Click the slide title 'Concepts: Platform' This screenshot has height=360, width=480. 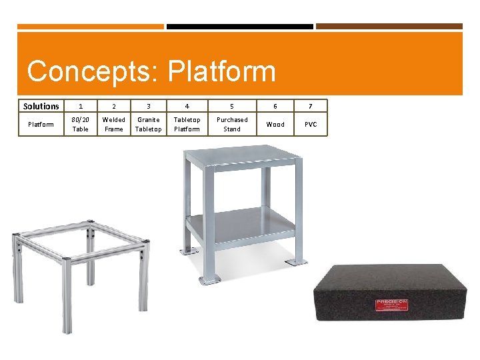click(151, 71)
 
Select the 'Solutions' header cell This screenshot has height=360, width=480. click(41, 106)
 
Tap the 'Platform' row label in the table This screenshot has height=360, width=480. click(41, 124)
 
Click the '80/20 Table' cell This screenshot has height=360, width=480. click(81, 124)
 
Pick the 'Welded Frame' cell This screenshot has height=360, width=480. click(114, 124)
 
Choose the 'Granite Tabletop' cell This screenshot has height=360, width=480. click(148, 124)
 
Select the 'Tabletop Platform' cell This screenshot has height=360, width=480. click(187, 124)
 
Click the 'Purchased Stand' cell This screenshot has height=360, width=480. click(232, 124)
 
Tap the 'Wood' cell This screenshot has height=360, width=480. click(275, 124)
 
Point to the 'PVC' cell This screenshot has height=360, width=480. click(311, 124)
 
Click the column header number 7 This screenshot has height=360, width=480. click(311, 106)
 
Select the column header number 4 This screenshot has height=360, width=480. click(187, 106)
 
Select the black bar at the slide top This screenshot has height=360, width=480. click(239, 27)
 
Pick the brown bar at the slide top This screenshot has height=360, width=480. click(389, 27)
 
